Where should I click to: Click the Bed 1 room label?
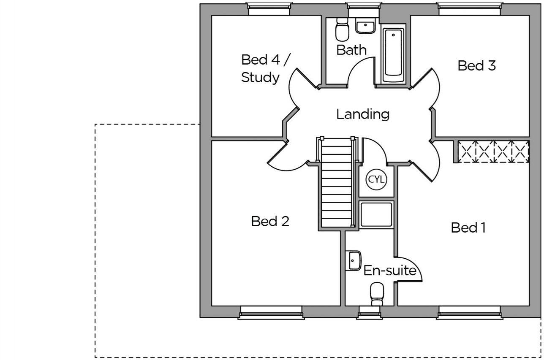click(468, 228)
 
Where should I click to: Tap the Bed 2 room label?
click(270, 221)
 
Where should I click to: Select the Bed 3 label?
click(476, 65)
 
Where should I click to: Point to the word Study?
click(260, 78)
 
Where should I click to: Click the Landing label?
click(363, 114)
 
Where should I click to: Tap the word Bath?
click(351, 50)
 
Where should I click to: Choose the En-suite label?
click(390, 271)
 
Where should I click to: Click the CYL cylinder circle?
click(376, 179)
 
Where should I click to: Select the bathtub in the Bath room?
click(393, 55)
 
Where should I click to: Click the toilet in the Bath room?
click(342, 30)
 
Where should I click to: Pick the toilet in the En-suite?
click(377, 294)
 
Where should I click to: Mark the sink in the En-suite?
click(354, 261)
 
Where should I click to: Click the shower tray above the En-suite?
click(376, 214)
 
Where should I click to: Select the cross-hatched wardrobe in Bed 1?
click(493, 152)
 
